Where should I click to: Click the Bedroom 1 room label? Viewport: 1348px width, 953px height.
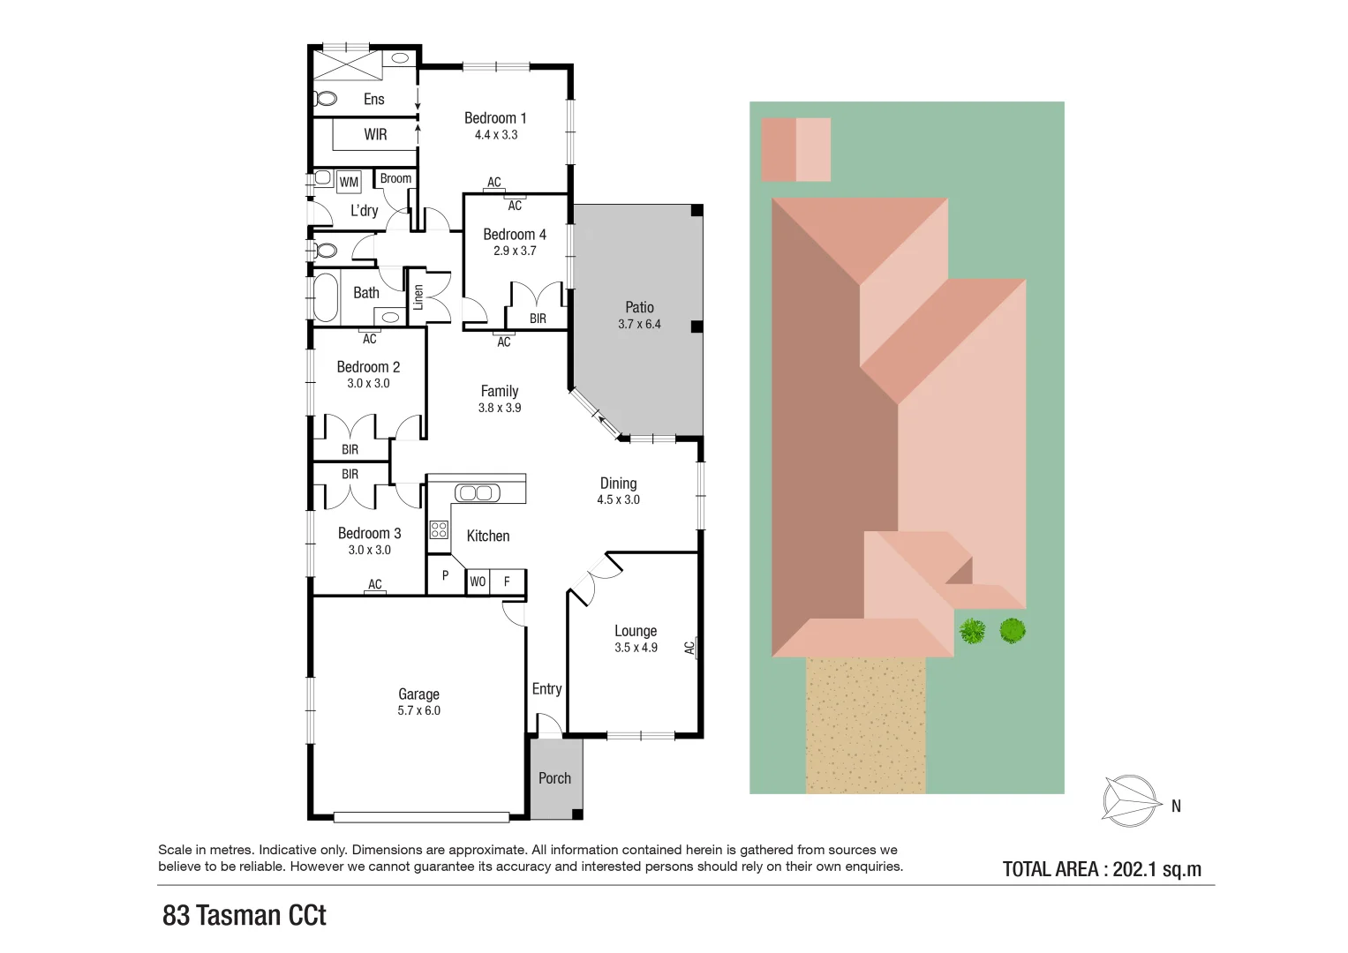(495, 118)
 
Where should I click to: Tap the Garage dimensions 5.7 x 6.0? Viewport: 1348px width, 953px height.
(418, 710)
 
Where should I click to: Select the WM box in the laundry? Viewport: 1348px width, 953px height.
(349, 183)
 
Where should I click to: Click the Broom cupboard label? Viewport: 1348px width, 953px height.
(395, 178)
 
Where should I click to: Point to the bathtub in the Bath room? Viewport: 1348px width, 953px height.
(326, 298)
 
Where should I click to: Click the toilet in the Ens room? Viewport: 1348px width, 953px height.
(325, 98)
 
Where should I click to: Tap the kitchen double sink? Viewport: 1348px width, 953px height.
(478, 492)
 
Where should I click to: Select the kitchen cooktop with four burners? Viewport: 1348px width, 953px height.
(439, 529)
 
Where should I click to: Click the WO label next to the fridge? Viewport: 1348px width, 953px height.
(478, 582)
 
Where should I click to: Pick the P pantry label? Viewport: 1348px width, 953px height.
(445, 575)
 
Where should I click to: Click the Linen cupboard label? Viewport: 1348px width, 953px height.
(418, 296)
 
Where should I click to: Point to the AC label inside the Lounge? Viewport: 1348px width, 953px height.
(689, 648)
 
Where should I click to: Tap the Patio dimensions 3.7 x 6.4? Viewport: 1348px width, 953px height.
(639, 324)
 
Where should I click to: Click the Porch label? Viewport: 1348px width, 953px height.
(554, 778)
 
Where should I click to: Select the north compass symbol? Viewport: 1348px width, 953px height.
(1131, 801)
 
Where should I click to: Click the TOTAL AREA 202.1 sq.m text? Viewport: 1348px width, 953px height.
(1102, 869)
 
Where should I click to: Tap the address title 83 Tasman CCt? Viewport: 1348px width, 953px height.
(245, 915)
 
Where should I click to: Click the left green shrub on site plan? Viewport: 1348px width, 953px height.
(972, 631)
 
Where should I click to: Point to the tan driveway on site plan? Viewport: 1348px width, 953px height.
(865, 724)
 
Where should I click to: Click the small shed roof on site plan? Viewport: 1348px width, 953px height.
(795, 149)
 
